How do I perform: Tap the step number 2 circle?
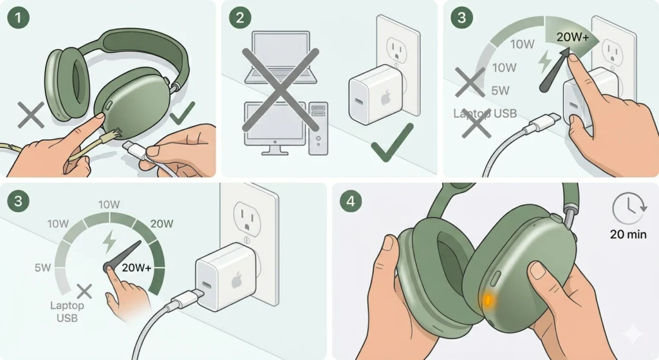pos(239,17)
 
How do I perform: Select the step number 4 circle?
pos(350,200)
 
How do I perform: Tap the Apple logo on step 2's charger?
pos(386,99)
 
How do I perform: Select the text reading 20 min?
pos(628,234)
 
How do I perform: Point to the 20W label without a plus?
pos(162,223)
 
